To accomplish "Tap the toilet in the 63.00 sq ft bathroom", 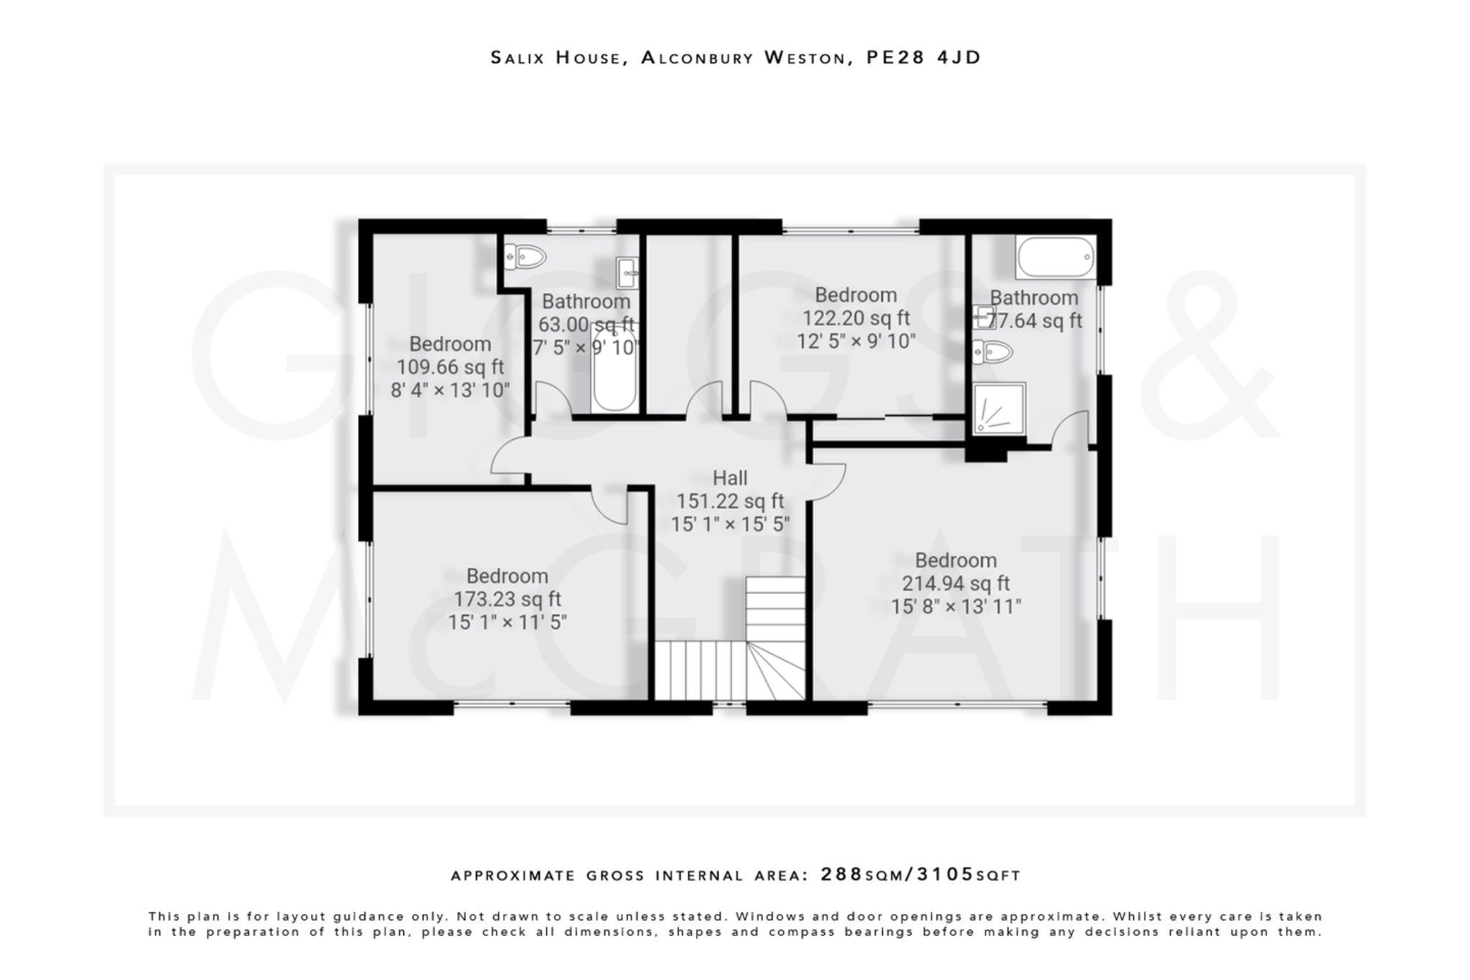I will [525, 256].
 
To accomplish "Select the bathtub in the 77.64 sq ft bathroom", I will [1055, 257].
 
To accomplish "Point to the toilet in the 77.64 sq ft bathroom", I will [993, 352].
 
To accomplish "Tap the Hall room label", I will [729, 478].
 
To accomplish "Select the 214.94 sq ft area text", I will [955, 584].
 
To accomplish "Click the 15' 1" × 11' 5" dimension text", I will [507, 622].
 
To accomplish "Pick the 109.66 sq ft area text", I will [450, 368].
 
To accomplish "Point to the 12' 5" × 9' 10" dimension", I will [856, 341].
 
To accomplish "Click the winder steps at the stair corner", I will [775, 671].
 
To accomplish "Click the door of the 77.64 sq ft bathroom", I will [1071, 429].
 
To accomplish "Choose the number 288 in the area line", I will [841, 874].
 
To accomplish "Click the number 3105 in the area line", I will [945, 874].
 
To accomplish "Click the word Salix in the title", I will [517, 57].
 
